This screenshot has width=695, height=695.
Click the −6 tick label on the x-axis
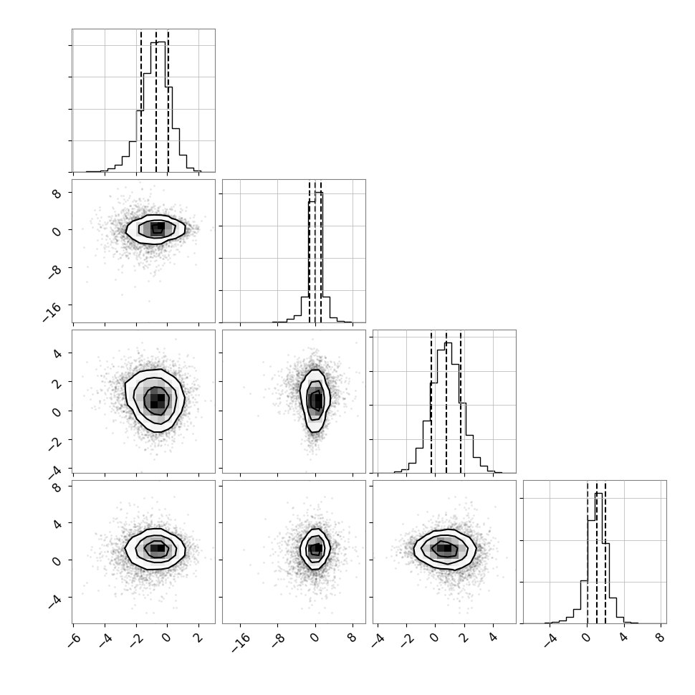75,640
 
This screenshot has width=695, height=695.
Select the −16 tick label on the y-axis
52,312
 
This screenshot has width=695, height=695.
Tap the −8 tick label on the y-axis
54,272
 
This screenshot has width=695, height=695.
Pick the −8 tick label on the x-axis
279,640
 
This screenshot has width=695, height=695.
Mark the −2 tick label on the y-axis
54,444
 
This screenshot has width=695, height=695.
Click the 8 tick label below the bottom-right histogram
661,638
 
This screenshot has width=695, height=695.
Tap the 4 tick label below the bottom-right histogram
623,638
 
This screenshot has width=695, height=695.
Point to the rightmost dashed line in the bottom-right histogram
605,552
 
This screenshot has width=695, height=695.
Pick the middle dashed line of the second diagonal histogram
315,251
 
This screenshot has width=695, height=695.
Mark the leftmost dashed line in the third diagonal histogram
431,402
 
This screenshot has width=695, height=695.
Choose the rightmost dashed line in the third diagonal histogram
461,402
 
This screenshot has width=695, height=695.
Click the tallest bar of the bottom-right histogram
598,558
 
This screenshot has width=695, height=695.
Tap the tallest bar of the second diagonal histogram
319,257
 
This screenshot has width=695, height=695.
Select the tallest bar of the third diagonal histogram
448,408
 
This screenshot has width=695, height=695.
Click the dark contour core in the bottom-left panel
157,548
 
